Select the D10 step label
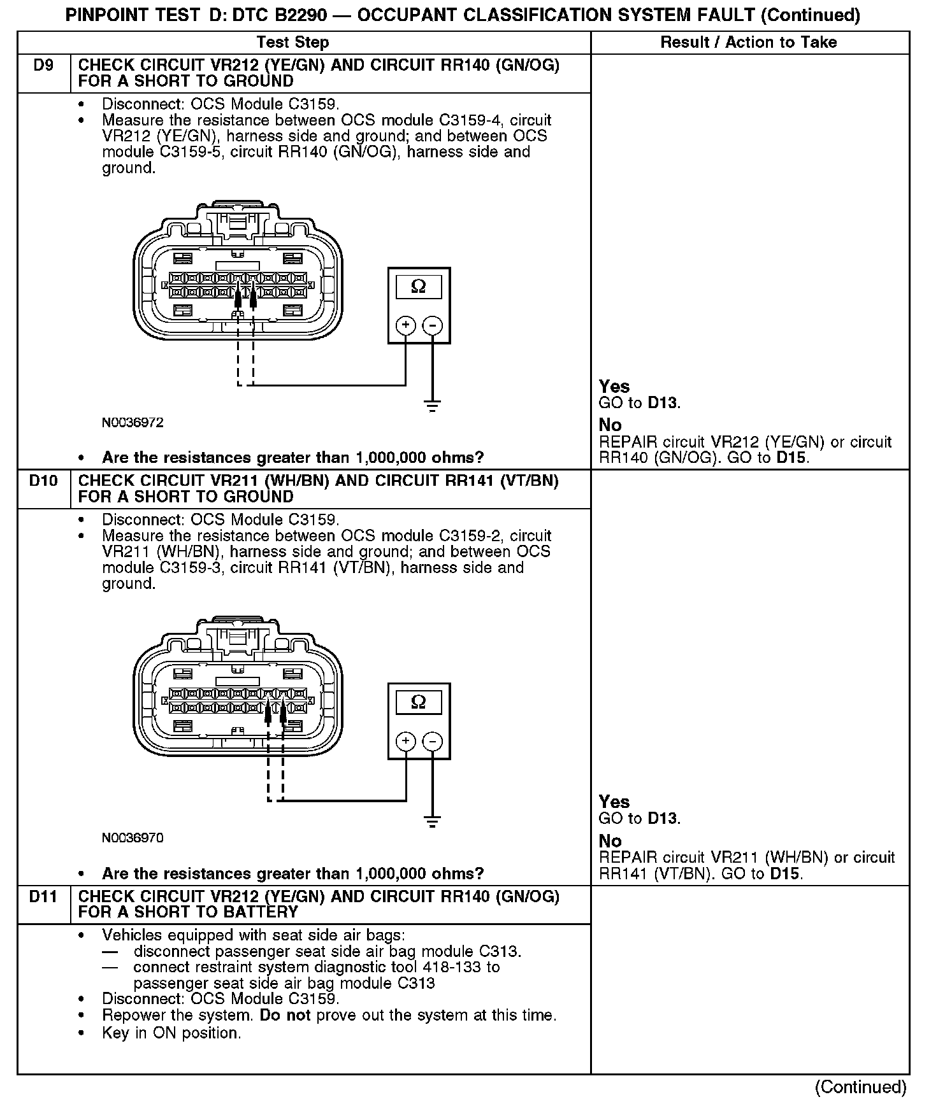[43, 481]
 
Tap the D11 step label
[43, 897]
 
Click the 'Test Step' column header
[292, 43]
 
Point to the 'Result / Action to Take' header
[749, 43]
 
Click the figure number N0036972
[133, 423]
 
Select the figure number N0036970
[133, 838]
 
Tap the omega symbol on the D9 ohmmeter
[419, 287]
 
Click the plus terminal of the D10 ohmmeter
[406, 741]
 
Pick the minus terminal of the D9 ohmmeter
[433, 326]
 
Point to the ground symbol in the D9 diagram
[433, 406]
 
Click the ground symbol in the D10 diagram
[433, 821]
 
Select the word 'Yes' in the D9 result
[614, 386]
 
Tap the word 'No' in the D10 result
[610, 840]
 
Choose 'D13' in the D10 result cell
[663, 818]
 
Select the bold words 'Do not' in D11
[285, 1015]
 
